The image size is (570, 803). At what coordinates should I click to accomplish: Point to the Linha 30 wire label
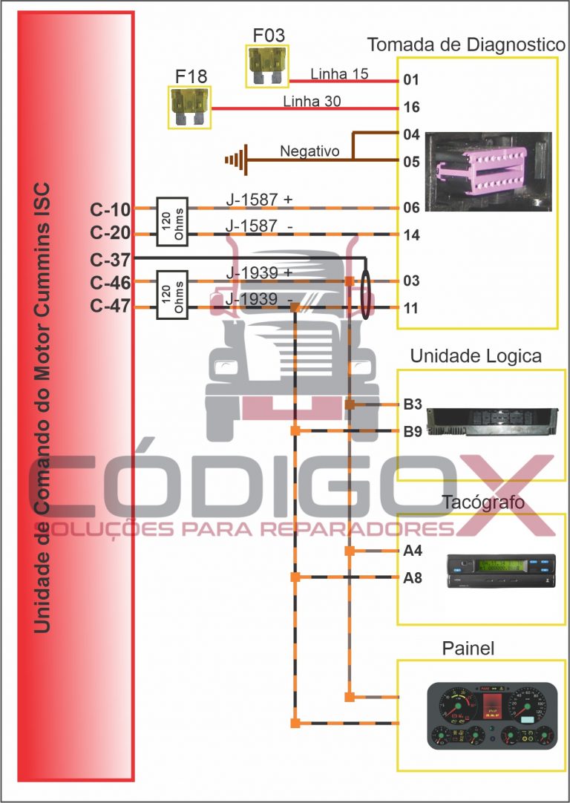(x=312, y=102)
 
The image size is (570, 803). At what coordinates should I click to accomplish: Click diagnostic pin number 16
(x=412, y=108)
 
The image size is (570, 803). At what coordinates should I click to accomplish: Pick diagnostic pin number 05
(x=412, y=161)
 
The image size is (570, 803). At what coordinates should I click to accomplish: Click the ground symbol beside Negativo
(x=236, y=159)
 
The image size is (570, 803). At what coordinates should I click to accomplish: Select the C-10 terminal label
(x=110, y=209)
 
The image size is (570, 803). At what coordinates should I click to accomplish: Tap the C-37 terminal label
(x=110, y=260)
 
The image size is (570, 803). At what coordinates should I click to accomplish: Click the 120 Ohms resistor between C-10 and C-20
(x=171, y=221)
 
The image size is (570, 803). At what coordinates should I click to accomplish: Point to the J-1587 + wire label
(x=259, y=199)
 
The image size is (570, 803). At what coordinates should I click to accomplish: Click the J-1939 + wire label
(x=259, y=273)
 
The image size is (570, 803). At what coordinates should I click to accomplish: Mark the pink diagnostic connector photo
(x=489, y=171)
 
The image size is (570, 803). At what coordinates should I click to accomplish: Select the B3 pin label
(x=413, y=404)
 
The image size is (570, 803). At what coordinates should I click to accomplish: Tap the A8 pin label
(x=413, y=577)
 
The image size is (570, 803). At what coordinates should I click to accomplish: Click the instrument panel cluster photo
(x=492, y=715)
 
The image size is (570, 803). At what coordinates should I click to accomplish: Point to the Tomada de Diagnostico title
(x=466, y=45)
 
